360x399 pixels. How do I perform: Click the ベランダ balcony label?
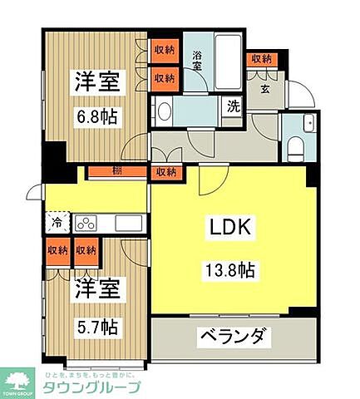click(x=232, y=337)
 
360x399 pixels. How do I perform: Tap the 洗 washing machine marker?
click(x=234, y=106)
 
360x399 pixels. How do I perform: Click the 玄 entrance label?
click(x=265, y=90)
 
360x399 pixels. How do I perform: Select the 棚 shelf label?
click(x=116, y=172)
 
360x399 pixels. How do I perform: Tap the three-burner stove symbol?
click(x=86, y=224)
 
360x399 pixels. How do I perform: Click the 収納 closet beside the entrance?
click(x=262, y=59)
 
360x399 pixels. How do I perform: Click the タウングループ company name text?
click(x=91, y=387)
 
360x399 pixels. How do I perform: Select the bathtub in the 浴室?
click(x=226, y=56)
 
